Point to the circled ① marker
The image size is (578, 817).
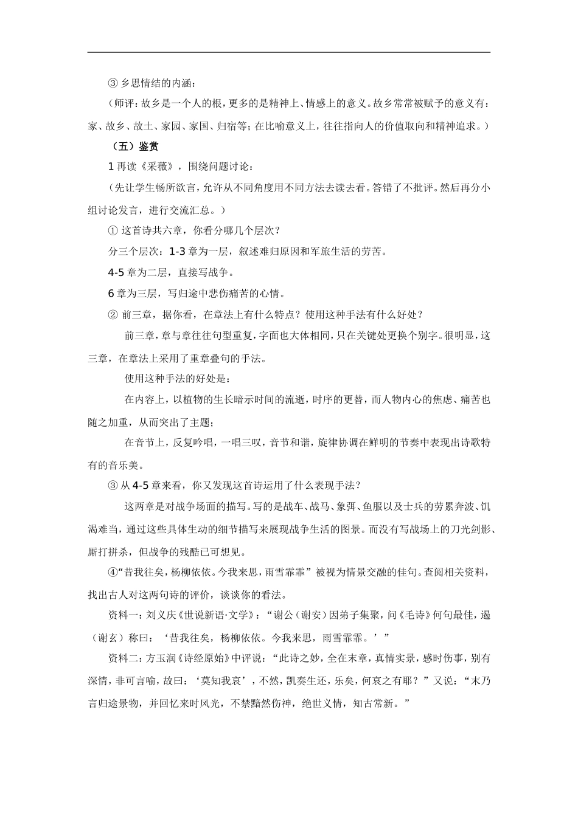coord(112,230)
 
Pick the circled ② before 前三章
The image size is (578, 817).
coord(112,315)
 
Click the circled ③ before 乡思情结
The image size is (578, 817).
coord(112,83)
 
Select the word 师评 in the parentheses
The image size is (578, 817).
coord(124,104)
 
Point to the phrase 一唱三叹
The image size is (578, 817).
coord(239,443)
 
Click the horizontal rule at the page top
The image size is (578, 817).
coord(289,52)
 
